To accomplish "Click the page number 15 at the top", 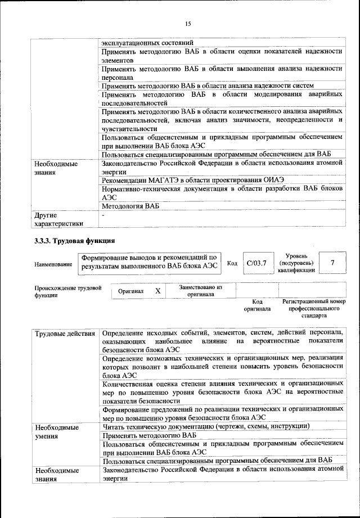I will [188, 23].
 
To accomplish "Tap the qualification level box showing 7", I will [332, 263].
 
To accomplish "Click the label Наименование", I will [53, 264].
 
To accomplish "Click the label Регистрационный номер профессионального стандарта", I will [313, 309].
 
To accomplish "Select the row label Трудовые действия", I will [65, 334].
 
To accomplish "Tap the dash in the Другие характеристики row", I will [103, 215].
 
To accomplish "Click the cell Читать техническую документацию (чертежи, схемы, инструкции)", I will [206, 426].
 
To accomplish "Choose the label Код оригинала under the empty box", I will [256, 305].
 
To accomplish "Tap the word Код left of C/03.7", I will [232, 263].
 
